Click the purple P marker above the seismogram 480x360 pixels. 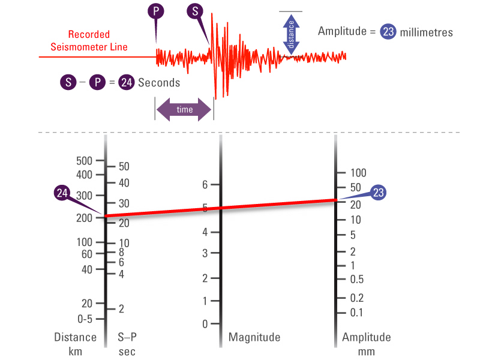157,11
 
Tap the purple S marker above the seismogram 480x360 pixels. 195,11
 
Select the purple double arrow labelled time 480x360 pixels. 184,110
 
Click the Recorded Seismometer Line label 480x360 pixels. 89,41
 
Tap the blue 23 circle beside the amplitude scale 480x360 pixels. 378,193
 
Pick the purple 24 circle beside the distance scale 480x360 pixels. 62,193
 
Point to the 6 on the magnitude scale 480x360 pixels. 204,185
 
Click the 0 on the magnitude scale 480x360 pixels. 205,324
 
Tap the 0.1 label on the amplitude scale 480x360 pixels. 356,312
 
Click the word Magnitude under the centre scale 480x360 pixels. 254,337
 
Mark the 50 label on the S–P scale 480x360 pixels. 125,166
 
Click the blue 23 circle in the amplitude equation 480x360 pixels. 388,31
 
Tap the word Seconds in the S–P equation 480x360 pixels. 159,83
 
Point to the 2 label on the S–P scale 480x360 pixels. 121,309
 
